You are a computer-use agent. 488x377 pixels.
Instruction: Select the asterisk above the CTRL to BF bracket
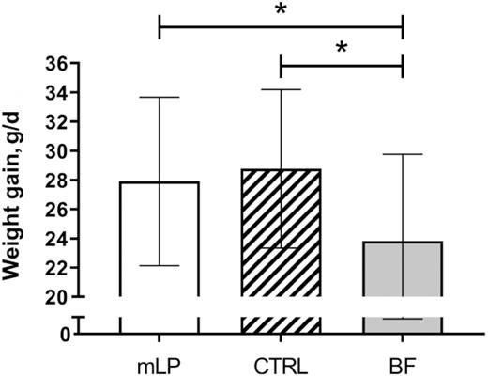pyautogui.click(x=341, y=47)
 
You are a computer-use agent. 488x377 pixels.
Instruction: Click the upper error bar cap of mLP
pyautogui.click(x=159, y=98)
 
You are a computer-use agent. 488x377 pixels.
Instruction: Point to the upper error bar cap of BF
pyautogui.click(x=403, y=154)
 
